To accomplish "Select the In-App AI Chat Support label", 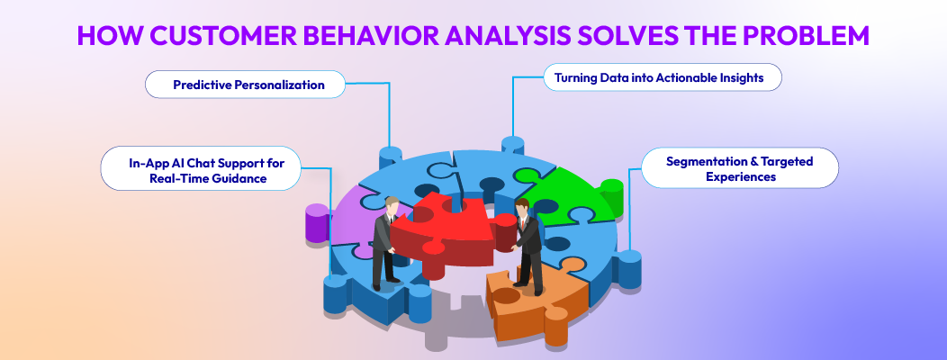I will (199, 168).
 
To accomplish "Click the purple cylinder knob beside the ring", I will (317, 224).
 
